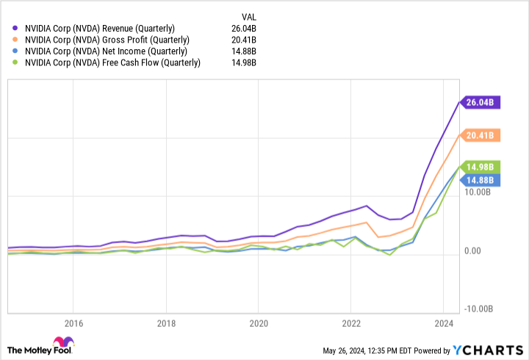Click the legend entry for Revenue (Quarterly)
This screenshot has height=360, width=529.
coord(100,29)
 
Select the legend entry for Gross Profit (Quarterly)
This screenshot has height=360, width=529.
coord(107,40)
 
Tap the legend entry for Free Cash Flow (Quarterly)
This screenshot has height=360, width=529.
coord(112,63)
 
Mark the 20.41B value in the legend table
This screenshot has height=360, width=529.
coord(242,40)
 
